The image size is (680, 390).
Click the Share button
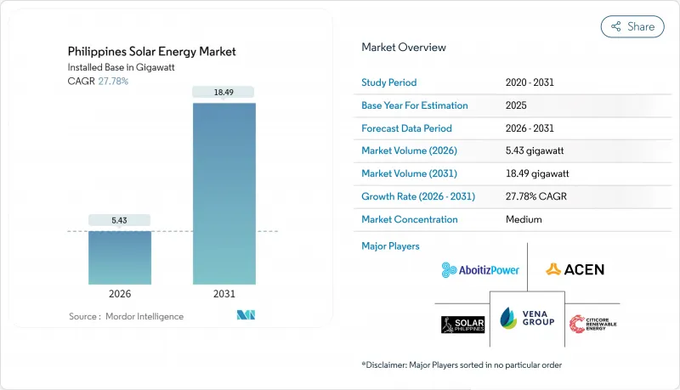coord(632,26)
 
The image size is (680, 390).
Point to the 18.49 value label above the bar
coord(224,91)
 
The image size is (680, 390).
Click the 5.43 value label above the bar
coord(120,220)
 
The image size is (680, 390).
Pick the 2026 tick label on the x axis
coord(120,294)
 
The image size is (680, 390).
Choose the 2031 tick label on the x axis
coord(224,294)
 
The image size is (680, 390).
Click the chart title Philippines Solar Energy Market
coord(151,52)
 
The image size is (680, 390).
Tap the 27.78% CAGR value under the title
coord(114,81)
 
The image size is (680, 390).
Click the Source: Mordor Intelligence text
coord(126,316)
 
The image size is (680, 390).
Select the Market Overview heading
coord(404,48)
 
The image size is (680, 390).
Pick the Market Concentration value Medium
coord(523,219)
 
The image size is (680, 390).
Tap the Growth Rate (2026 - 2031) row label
coord(418,196)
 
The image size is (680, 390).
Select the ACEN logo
coord(575,269)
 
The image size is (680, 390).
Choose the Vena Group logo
coord(527,316)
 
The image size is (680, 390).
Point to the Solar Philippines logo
coord(462,324)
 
